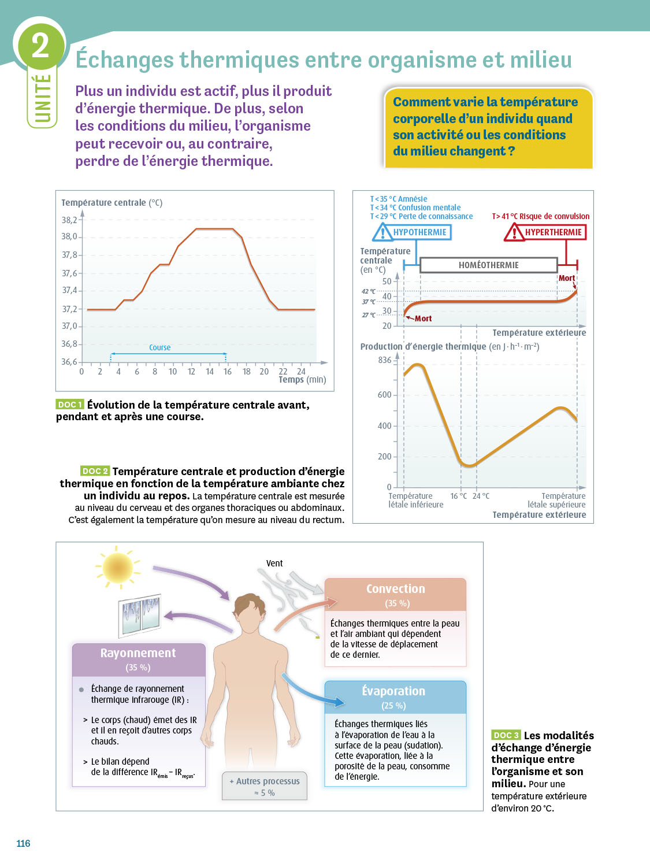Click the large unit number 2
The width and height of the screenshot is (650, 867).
click(x=40, y=45)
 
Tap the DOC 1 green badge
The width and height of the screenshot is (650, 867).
click(x=70, y=405)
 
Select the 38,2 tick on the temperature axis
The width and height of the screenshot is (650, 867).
click(x=69, y=220)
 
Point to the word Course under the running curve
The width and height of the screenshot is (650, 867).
click(x=159, y=347)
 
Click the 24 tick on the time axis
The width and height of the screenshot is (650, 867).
click(x=301, y=372)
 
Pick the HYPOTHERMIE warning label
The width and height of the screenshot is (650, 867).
click(x=413, y=232)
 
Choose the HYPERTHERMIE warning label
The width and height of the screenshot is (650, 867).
click(x=546, y=232)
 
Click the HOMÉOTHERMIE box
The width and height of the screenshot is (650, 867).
click(x=488, y=265)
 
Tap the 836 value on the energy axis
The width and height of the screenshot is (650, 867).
click(x=385, y=360)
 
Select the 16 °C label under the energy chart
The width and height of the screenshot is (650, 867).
click(x=459, y=496)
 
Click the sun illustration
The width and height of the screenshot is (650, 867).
click(x=117, y=568)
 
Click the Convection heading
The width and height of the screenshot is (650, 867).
click(x=396, y=589)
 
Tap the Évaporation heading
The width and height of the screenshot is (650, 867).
click(x=393, y=691)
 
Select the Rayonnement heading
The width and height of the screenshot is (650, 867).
click(x=138, y=653)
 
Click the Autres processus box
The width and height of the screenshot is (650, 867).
click(x=265, y=786)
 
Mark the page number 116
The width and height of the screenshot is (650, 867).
click(x=23, y=843)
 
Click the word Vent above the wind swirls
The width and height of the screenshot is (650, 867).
click(x=274, y=563)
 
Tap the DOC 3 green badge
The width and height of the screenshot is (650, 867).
click(x=506, y=735)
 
